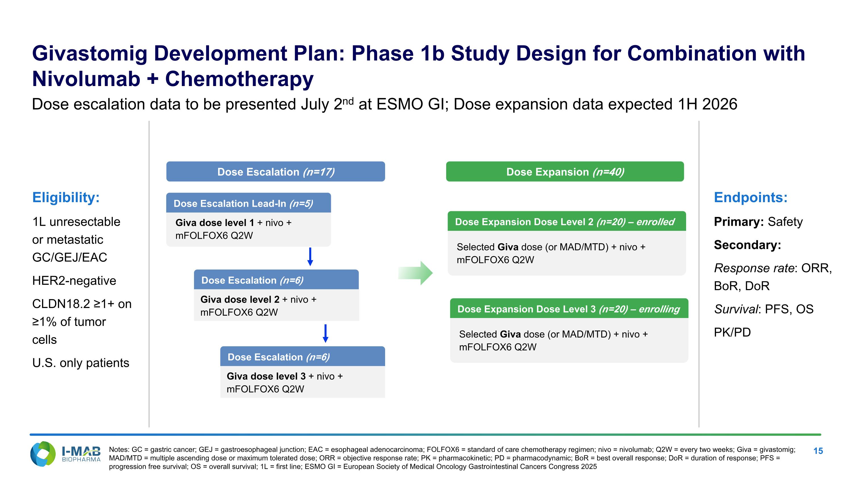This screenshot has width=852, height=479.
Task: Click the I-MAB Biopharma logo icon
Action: [x=43, y=454]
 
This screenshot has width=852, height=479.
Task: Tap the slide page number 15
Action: [x=818, y=451]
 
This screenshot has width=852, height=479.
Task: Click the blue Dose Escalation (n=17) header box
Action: [x=275, y=171]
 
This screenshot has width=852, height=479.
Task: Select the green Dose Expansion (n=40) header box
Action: [x=565, y=171]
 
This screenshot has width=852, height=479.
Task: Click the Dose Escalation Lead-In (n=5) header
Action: [x=248, y=203]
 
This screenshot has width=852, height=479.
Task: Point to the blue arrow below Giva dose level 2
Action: [x=325, y=334]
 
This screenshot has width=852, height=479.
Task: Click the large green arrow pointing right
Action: [x=415, y=273]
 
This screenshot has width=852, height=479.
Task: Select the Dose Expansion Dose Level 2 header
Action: [x=567, y=221]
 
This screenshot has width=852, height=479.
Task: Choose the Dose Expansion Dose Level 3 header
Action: [x=569, y=308]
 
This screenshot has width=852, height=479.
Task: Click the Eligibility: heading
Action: [x=66, y=197]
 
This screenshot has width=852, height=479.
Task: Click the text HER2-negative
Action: [x=74, y=281]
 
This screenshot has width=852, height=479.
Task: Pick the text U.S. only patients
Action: [x=81, y=363]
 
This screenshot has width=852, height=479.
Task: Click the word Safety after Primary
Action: [x=785, y=221]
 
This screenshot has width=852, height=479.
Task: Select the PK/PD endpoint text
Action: [x=732, y=332]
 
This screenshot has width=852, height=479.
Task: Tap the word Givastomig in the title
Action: [x=90, y=54]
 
